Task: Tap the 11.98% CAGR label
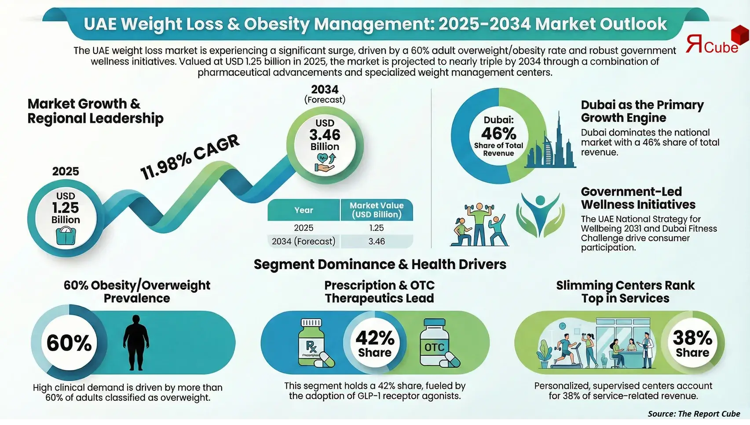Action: [x=190, y=157]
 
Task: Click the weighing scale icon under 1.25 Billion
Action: [x=66, y=235]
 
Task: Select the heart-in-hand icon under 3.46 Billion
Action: [x=325, y=162]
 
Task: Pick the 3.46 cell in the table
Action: [x=377, y=241]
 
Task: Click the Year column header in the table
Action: [x=304, y=210]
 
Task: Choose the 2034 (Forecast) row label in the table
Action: [x=304, y=241]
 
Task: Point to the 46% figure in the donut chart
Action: [x=498, y=133]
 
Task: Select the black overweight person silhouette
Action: [x=136, y=343]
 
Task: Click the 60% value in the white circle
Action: [x=69, y=343]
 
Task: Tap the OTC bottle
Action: [x=435, y=344]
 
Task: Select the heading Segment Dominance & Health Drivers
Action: [x=380, y=264]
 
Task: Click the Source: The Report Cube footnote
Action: [x=694, y=414]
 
